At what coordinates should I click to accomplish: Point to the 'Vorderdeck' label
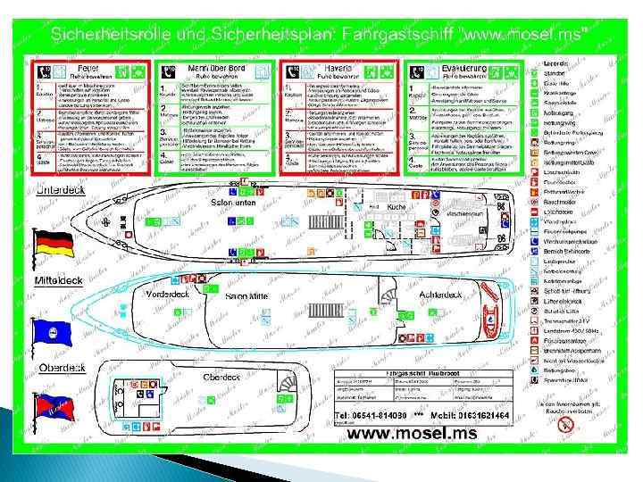(x=168, y=294)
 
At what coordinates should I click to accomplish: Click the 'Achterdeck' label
(x=441, y=293)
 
